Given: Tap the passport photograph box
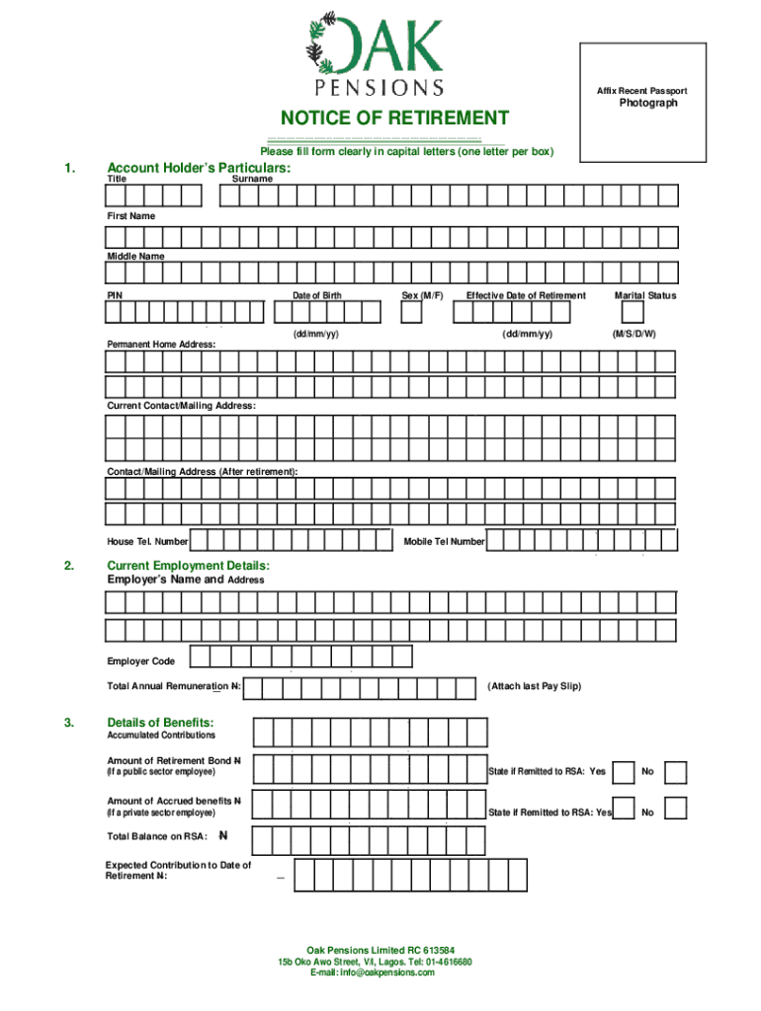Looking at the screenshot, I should coord(642,102).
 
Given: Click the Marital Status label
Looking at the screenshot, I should coord(644,295).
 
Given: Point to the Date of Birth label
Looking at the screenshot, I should coord(316,295).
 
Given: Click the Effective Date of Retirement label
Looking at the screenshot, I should coord(526,295).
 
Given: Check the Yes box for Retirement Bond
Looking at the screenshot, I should coord(624,772).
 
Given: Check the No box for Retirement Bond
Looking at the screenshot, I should coord(675,772).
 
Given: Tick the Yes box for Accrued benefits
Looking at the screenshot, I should coord(624,808).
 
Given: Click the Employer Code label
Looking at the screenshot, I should coord(141,661).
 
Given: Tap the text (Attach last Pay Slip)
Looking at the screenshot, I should coord(534,685).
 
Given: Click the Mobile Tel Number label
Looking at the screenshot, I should coord(444,541).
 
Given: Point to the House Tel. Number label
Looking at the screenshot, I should coord(147,541).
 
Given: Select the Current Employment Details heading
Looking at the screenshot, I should coord(188,566).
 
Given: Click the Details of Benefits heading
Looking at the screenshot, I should coord(160,722).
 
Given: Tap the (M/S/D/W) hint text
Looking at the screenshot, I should coord(634,334).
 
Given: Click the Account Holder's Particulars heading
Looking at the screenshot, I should coord(199,169).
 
